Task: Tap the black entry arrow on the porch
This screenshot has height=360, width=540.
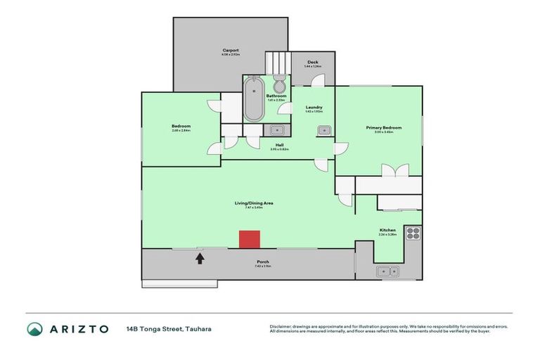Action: pos(200,258)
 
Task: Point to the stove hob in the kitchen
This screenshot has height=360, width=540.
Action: pos(412,233)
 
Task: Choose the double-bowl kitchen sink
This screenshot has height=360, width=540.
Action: pos(388,271)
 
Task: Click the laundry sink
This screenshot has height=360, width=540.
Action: pos(324,130)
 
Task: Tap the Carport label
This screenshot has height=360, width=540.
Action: pos(230,51)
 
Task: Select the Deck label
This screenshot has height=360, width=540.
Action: pos(312,63)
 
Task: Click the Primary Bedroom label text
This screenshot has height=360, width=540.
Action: pos(383,127)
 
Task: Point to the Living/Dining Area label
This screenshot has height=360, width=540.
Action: pos(254,202)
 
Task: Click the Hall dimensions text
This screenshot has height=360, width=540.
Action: pos(279,149)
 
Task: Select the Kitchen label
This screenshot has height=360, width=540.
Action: pos(387,230)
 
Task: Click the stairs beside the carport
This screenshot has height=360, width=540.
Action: pos(277,62)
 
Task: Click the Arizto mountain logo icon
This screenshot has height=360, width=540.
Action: pos(35,329)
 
